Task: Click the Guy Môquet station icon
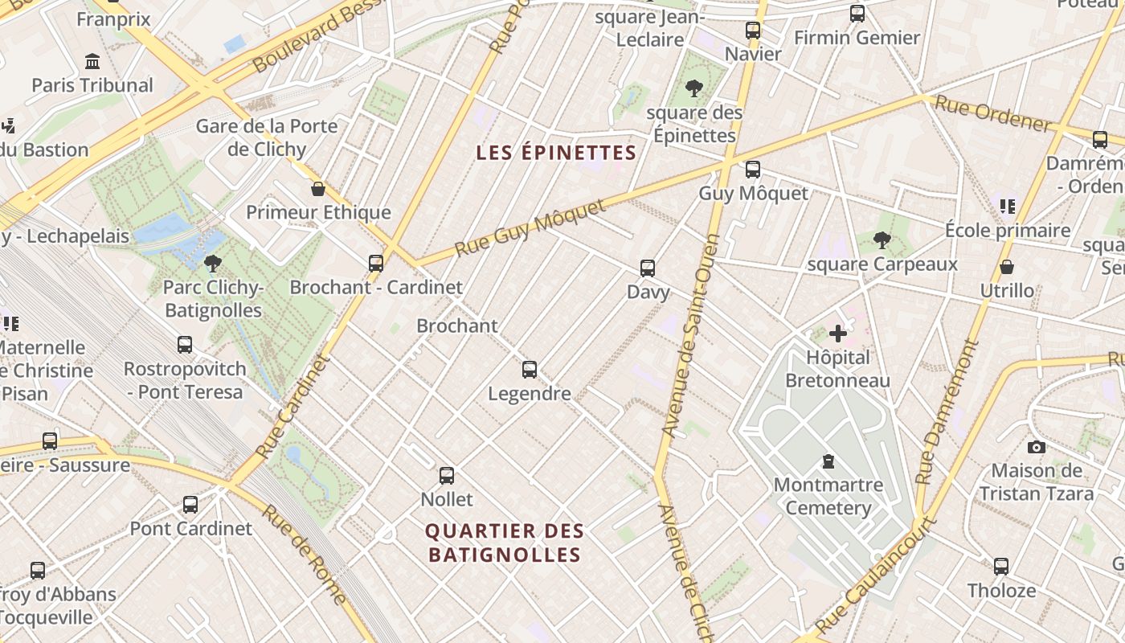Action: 752,170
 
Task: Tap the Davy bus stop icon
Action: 648,268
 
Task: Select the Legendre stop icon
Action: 530,370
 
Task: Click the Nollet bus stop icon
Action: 447,475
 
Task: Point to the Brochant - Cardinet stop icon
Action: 375,263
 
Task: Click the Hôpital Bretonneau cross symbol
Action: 838,334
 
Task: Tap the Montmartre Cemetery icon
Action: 828,461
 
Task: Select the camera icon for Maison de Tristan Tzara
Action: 1037,447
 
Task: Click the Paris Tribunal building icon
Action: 92,62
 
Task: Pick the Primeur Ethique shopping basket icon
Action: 318,189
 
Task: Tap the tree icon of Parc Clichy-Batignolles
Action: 213,263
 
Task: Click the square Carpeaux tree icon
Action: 882,240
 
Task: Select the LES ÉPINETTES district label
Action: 556,153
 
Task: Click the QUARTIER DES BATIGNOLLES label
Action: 505,543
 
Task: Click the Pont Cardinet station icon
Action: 190,505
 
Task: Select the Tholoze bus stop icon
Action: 1001,566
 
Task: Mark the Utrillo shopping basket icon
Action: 1007,267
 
